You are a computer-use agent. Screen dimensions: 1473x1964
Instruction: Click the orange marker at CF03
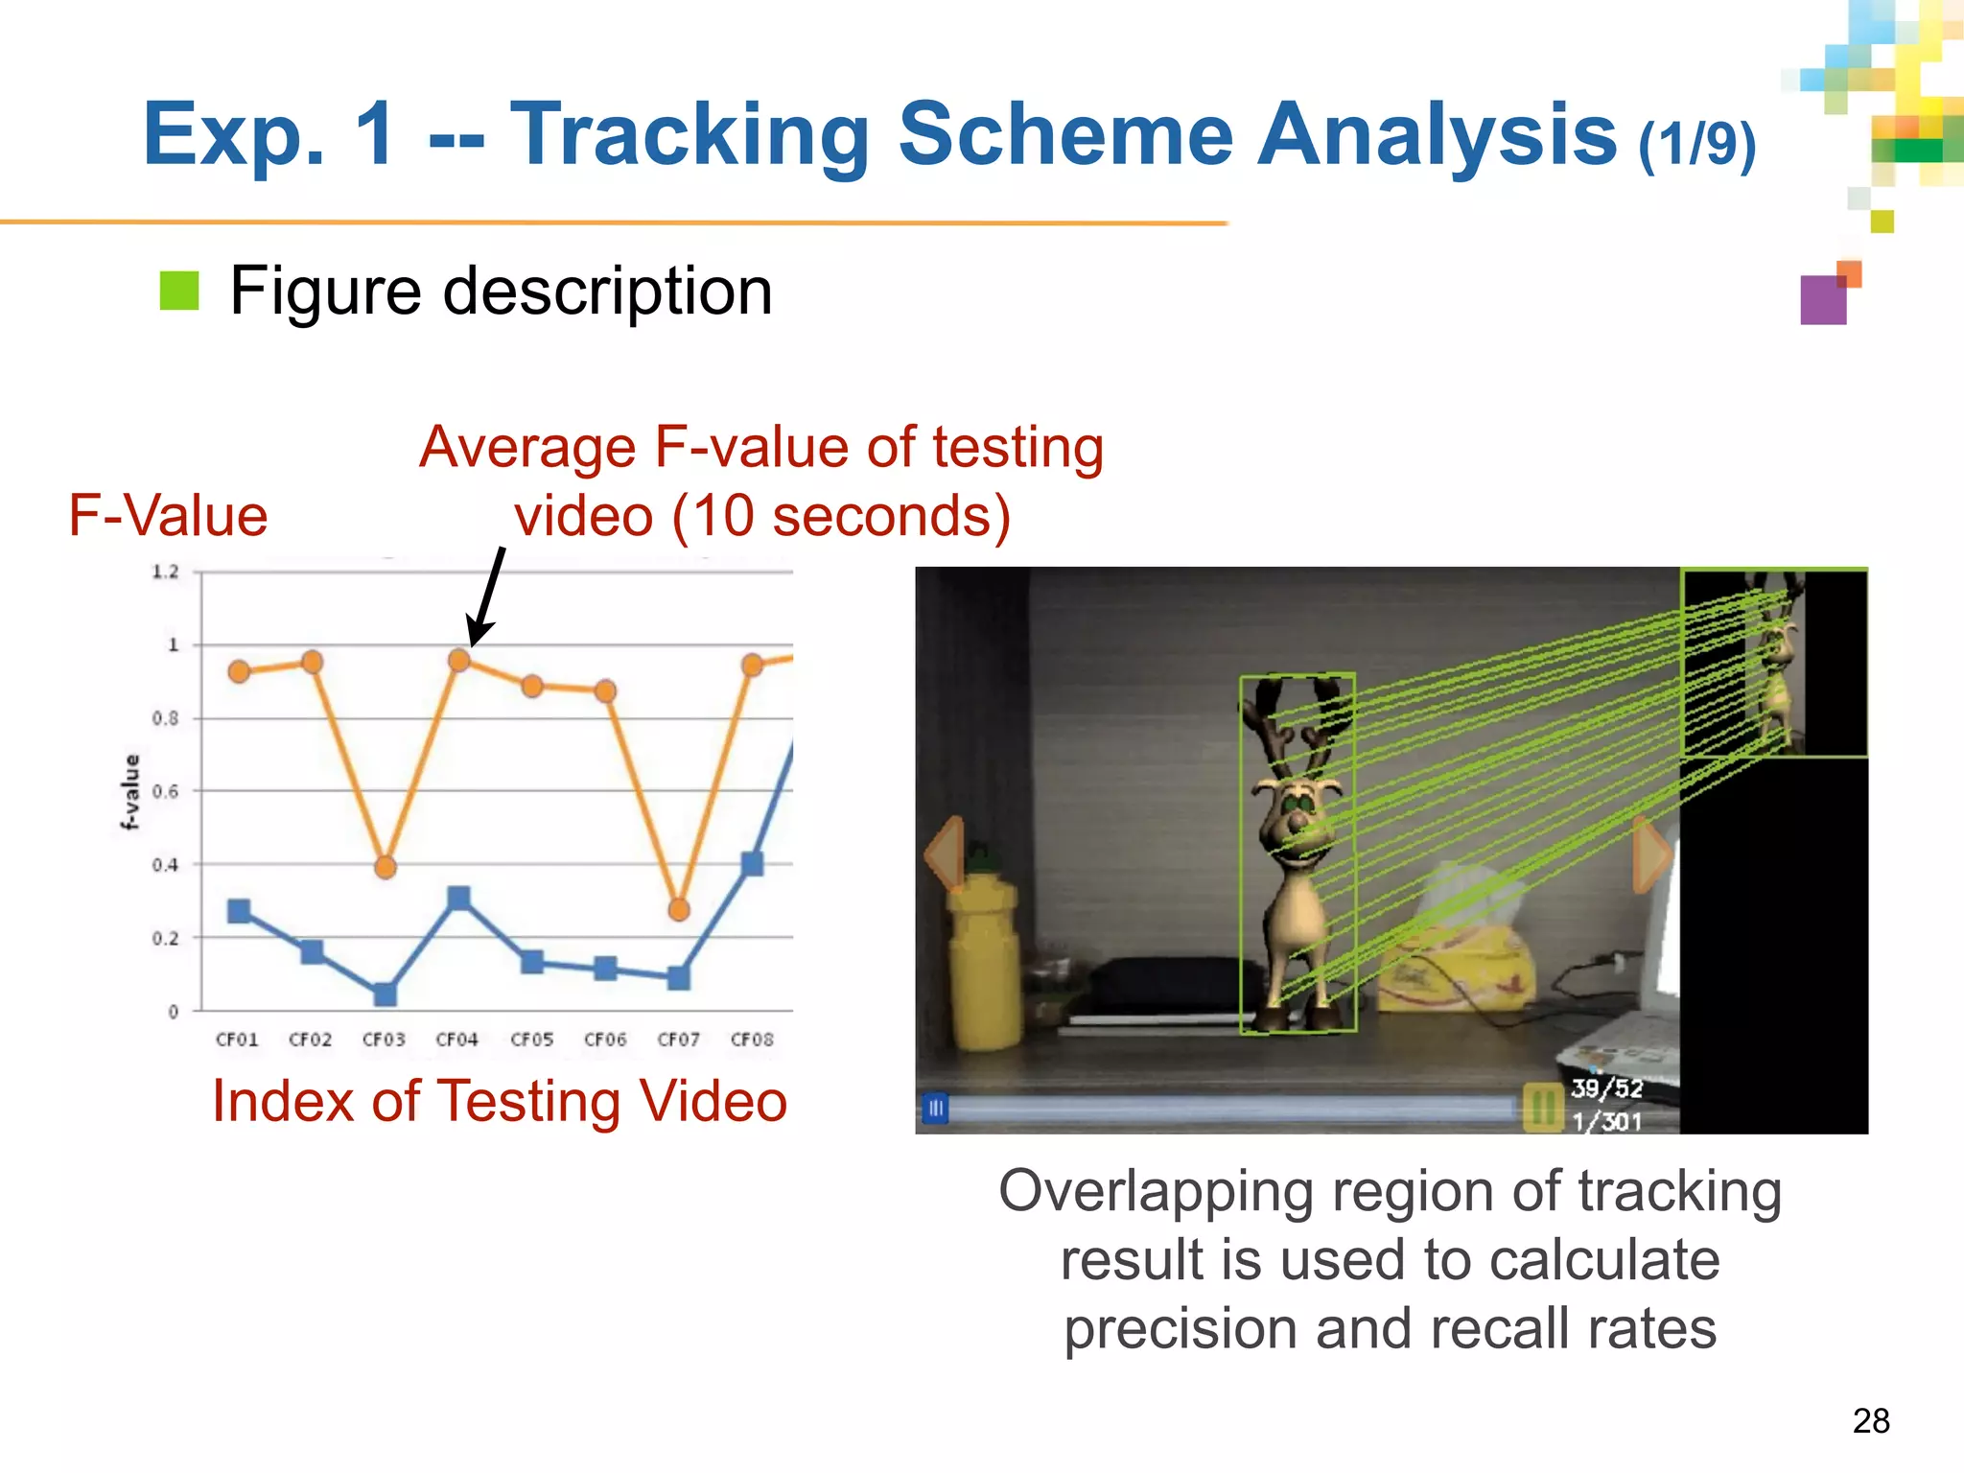(385, 867)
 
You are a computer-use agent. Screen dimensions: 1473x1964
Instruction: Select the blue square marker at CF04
(458, 898)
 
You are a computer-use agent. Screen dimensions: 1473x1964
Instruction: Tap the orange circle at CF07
(678, 908)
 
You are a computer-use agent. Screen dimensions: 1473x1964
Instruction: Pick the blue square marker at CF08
(752, 863)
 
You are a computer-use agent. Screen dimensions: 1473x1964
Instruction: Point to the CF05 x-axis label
(531, 1040)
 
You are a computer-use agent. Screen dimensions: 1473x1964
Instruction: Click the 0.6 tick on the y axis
(165, 791)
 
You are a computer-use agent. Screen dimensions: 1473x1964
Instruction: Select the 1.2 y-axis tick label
(165, 572)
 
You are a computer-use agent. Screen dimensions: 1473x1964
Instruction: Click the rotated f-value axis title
(130, 791)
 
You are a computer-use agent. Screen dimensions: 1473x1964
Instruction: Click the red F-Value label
(168, 516)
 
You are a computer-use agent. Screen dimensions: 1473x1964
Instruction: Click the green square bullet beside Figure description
(178, 291)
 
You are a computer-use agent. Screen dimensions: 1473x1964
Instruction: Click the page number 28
(1870, 1420)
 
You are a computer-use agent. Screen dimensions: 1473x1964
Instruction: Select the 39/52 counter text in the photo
(1606, 1088)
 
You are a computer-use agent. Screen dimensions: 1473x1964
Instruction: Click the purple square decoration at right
(1823, 300)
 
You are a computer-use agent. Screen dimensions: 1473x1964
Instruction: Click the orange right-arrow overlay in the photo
(1651, 853)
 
